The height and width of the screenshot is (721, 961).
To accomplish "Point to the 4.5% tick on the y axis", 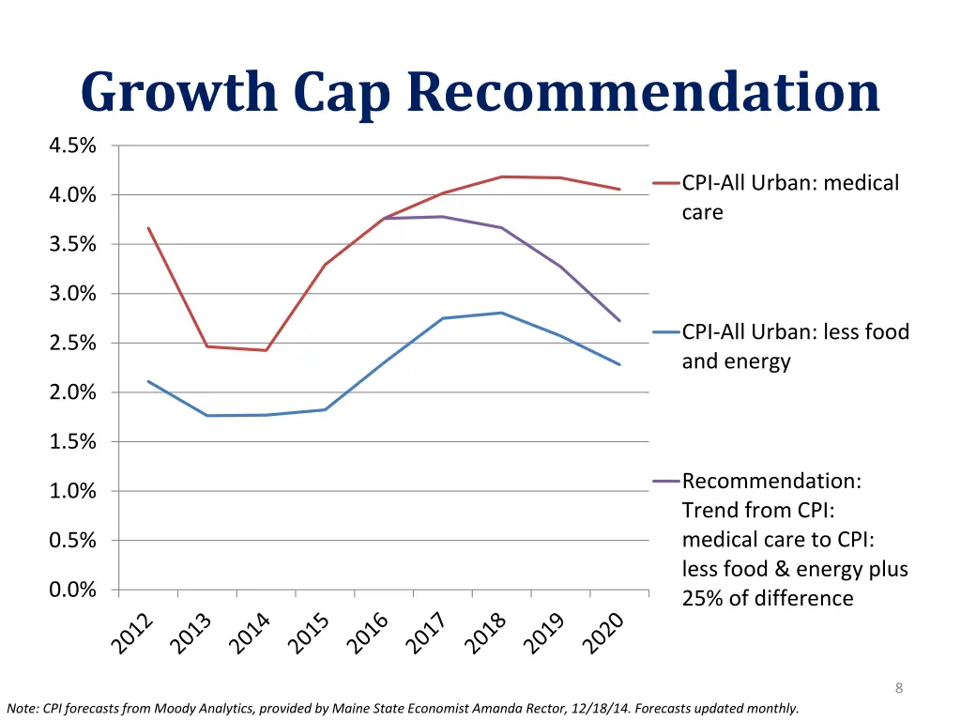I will (72, 146).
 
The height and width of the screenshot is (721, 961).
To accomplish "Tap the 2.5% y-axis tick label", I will (72, 343).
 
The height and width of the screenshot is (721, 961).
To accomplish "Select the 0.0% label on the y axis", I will (72, 590).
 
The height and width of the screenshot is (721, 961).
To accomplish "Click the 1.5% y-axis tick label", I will (72, 441).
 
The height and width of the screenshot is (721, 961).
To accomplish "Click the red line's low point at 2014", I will (267, 350).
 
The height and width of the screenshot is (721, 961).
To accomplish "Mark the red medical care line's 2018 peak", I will (502, 176).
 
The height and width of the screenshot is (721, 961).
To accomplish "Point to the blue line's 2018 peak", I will (502, 313).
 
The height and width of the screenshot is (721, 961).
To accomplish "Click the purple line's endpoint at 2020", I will (619, 321).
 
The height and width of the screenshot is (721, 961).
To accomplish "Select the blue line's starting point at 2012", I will (148, 381).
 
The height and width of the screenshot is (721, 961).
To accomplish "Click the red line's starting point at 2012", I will (148, 227).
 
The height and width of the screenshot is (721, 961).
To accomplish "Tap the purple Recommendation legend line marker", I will (666, 482).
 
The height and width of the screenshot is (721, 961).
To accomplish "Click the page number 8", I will (899, 689).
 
